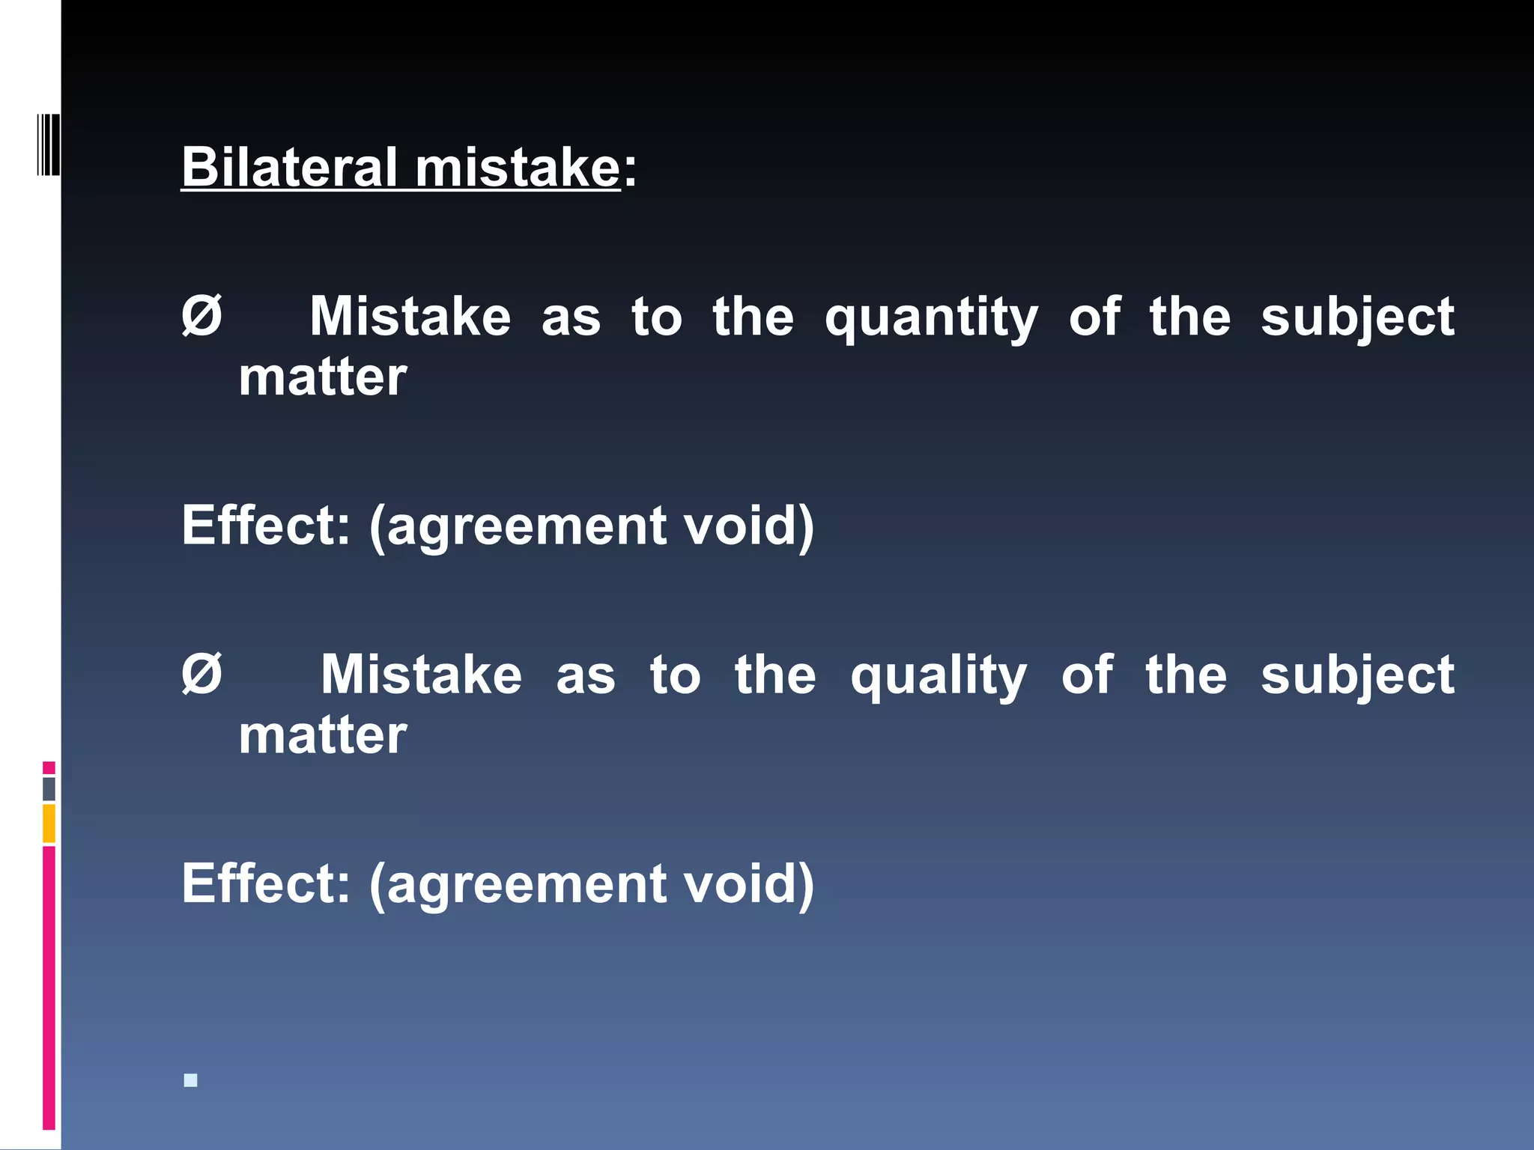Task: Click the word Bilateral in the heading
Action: pos(289,166)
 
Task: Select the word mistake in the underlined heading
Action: pos(518,166)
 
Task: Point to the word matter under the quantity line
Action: pos(323,377)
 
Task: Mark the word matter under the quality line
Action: pos(323,735)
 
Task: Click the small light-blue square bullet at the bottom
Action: pos(191,1080)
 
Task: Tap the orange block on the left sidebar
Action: pos(49,824)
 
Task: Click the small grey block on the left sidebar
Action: pos(49,789)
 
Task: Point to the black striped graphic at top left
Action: pos(48,144)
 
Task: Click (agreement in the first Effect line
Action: pos(517,526)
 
